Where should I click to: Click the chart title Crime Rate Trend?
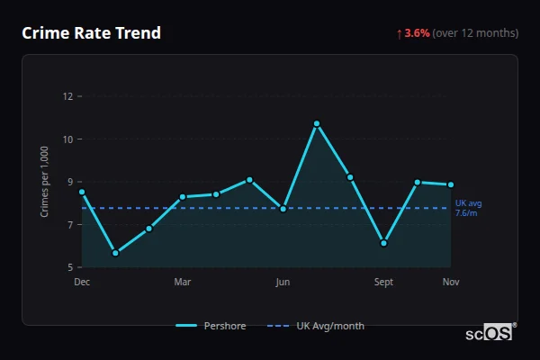click(91, 33)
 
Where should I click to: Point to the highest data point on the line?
click(317, 123)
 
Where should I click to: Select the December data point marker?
click(82, 192)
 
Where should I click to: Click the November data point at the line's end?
click(451, 184)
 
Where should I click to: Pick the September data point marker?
click(383, 243)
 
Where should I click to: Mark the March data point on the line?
click(183, 196)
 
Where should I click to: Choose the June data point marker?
click(283, 209)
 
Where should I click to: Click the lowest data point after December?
click(115, 253)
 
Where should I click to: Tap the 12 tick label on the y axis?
click(67, 96)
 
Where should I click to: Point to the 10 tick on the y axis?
click(67, 139)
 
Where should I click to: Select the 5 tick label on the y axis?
click(68, 267)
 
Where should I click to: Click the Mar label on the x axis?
click(183, 283)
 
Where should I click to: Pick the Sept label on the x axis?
click(383, 283)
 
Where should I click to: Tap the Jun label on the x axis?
click(283, 283)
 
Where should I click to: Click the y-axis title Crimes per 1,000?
click(45, 182)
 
